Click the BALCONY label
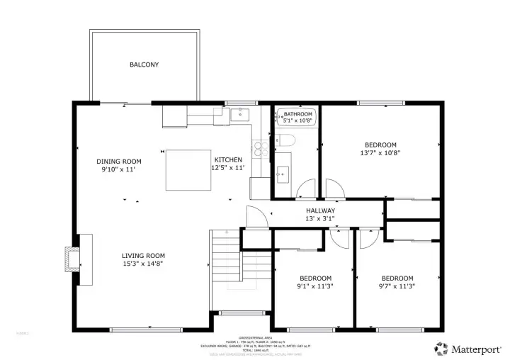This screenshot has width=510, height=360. click(x=144, y=64)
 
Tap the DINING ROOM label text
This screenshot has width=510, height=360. click(x=118, y=162)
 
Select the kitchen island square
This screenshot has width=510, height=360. click(x=188, y=170)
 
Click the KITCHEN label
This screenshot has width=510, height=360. click(x=228, y=160)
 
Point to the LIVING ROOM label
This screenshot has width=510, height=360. click(x=143, y=256)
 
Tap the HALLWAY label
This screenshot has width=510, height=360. click(x=320, y=210)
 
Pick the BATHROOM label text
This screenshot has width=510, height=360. click(x=297, y=114)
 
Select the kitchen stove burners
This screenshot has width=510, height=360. click(x=260, y=149)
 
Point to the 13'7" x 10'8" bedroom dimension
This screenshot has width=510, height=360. click(x=380, y=152)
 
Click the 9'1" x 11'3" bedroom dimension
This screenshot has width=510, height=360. click(x=315, y=286)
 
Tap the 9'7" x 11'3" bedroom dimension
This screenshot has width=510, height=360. click(x=397, y=286)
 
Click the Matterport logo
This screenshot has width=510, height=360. click(x=468, y=348)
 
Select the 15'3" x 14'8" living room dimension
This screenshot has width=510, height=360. click(x=143, y=264)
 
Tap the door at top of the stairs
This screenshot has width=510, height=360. click(x=256, y=217)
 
